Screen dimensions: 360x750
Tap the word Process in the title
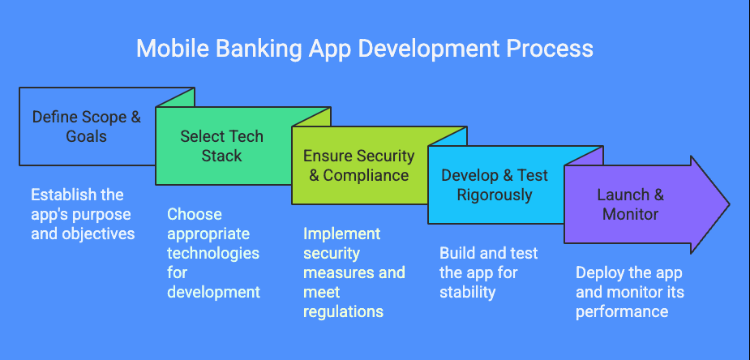click(x=550, y=48)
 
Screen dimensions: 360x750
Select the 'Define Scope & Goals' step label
click(x=86, y=126)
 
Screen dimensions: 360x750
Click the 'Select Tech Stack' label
click(x=221, y=146)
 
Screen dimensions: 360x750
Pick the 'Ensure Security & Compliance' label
click(x=358, y=165)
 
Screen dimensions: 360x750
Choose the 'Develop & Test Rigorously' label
click(x=494, y=185)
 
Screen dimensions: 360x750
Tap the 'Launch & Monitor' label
click(x=630, y=204)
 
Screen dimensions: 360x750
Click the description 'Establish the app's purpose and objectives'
click(x=83, y=214)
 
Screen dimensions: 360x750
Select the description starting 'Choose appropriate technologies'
click(x=213, y=253)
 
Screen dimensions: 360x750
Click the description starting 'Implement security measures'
click(x=354, y=272)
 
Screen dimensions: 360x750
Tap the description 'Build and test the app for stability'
click(x=488, y=272)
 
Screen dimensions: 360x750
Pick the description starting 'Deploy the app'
click(x=630, y=292)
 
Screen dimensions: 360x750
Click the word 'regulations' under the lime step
click(x=343, y=311)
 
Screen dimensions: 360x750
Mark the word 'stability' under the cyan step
click(x=467, y=292)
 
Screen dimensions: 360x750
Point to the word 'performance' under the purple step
click(x=622, y=311)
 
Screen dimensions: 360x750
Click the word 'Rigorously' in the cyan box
click(x=494, y=195)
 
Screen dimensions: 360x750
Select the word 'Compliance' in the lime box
click(x=366, y=175)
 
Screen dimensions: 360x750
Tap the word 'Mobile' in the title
click(x=165, y=48)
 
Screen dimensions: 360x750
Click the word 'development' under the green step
click(x=213, y=292)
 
